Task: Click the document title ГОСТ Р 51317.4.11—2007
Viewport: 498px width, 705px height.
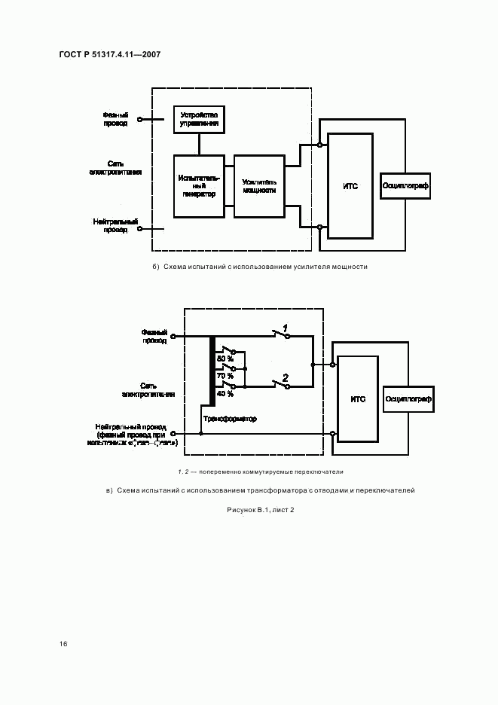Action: [x=108, y=54]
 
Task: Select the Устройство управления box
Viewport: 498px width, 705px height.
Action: [x=200, y=120]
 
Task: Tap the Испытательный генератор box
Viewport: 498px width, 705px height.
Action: [x=199, y=186]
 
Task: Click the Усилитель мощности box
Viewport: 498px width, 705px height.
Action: [x=259, y=186]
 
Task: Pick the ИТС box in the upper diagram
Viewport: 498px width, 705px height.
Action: [x=350, y=186]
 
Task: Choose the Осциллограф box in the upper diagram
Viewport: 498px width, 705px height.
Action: [x=405, y=184]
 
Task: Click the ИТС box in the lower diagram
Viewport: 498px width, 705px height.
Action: [x=358, y=399]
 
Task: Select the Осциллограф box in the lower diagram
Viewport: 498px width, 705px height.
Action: [x=408, y=399]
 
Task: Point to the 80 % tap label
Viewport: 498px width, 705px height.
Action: [x=225, y=359]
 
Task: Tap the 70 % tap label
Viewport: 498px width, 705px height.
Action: [x=225, y=375]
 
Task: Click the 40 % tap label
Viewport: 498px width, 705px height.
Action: [x=225, y=393]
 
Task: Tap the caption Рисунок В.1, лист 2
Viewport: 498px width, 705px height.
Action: [x=260, y=511]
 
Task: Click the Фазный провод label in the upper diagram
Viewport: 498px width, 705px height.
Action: [x=116, y=119]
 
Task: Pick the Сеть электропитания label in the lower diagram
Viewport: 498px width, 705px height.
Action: [x=148, y=389]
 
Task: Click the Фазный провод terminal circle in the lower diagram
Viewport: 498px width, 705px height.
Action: [x=173, y=337]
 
